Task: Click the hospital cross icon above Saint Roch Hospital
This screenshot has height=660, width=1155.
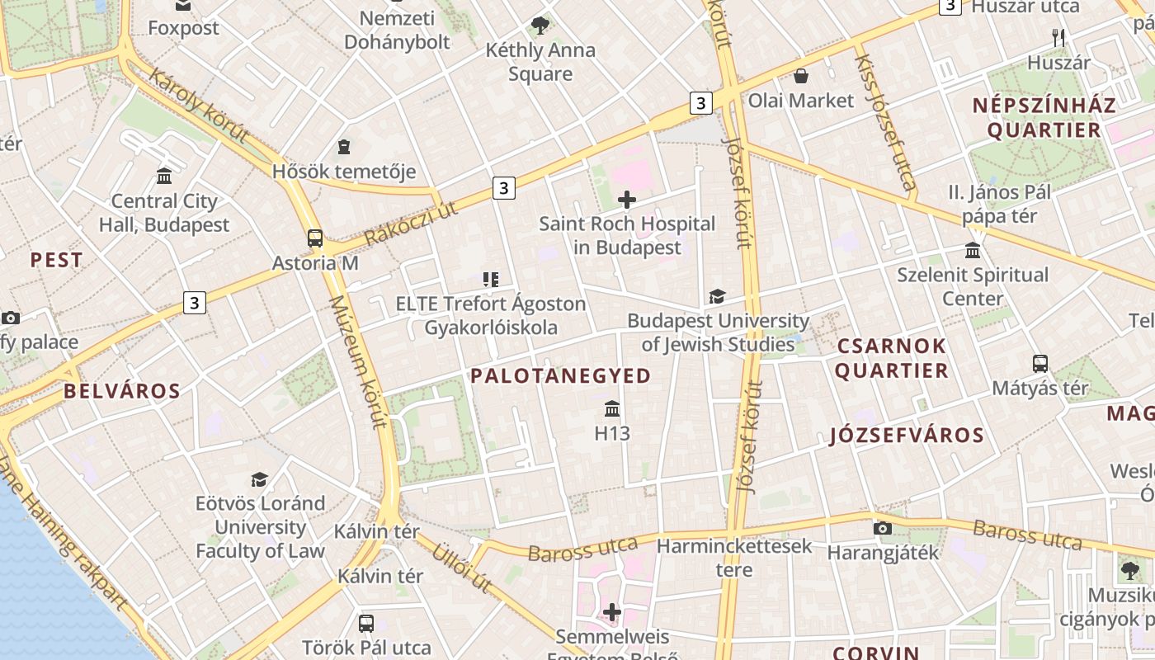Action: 627,200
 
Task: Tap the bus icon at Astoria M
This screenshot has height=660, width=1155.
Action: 315,239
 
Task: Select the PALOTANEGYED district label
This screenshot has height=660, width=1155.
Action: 561,376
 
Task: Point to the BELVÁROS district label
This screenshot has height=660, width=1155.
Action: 122,391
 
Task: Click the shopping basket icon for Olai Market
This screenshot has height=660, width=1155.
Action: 800,77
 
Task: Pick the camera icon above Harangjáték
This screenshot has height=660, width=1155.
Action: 883,528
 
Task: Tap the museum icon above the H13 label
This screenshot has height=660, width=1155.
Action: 612,408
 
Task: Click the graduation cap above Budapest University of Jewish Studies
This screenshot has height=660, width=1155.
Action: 717,296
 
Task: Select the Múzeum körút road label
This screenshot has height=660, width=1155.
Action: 358,363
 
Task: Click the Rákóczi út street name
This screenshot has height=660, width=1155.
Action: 411,223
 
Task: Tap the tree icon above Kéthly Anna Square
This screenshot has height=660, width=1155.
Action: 540,26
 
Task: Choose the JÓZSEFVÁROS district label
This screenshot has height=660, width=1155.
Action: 907,436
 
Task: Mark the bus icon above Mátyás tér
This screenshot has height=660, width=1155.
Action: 1040,363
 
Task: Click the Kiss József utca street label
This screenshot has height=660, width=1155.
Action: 886,122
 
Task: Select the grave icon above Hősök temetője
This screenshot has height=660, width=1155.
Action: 344,148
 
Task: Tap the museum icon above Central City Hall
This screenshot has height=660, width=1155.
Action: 164,177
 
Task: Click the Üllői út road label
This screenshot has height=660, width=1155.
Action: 463,568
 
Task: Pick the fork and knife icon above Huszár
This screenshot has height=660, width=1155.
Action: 1059,37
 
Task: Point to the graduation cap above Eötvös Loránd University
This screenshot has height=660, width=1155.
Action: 260,479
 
